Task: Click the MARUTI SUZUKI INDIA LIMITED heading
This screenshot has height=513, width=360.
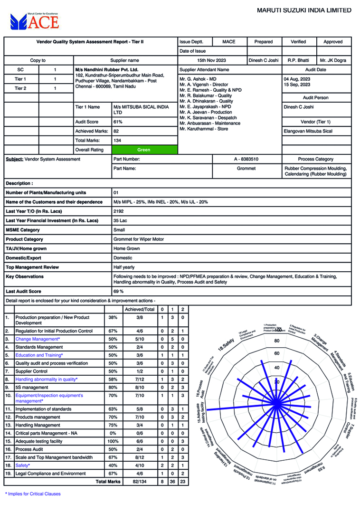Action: coord(304,10)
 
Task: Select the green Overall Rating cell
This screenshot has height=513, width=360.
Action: coord(143,150)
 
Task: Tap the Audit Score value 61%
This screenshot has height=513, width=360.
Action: coord(118,122)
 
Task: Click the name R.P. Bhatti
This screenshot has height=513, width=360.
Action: coord(298,60)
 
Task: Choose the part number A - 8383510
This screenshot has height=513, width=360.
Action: coord(246,159)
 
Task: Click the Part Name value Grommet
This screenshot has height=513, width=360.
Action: coord(246,169)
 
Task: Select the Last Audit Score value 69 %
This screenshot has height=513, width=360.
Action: coord(119,291)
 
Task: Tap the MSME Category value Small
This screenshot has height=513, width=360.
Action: coord(119,230)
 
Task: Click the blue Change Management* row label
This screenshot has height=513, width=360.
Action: coord(38,339)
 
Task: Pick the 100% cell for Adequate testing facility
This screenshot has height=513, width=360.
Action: coord(113,441)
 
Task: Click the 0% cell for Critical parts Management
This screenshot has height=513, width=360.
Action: coord(113,433)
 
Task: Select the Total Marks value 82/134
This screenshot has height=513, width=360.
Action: coord(140,481)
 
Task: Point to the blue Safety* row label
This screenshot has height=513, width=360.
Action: coord(22,465)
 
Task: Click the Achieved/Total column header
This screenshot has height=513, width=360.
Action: coord(140,309)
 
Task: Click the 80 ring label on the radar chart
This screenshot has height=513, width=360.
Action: coord(277,341)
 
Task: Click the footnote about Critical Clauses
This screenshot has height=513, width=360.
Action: coord(33,494)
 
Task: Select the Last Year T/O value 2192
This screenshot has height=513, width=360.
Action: coord(119,211)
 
